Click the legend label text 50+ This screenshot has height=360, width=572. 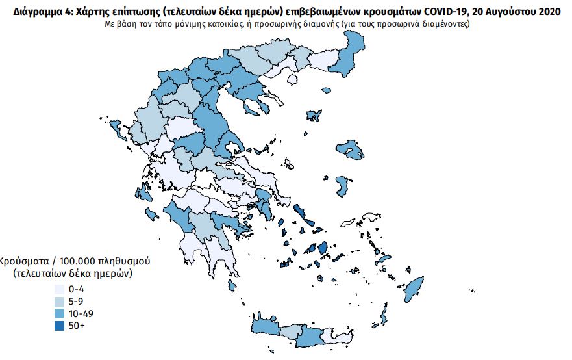tap(76, 326)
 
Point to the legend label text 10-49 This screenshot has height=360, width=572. tap(81, 313)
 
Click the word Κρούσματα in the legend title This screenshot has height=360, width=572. tap(23, 261)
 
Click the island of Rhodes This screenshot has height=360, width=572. tap(414, 287)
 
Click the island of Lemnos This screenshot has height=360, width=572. tap(315, 116)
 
